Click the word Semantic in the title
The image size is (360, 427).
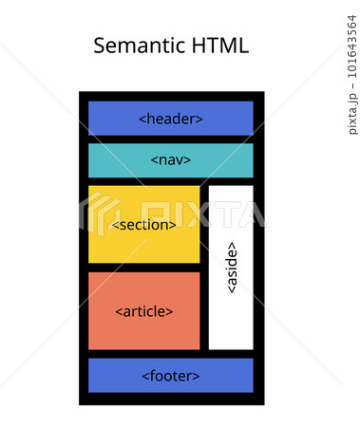coord(139,46)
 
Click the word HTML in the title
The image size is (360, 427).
coord(218,46)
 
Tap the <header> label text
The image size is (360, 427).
coord(171,119)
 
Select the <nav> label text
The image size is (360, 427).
coord(171,159)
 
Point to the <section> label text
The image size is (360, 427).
coord(144,225)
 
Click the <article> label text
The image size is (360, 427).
coord(144,311)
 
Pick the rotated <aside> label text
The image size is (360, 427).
coord(232,268)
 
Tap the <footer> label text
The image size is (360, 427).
coord(171,376)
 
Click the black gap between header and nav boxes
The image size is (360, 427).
coord(171,139)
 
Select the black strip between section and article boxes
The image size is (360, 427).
coord(144,268)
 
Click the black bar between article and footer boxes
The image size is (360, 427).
coord(171,353)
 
